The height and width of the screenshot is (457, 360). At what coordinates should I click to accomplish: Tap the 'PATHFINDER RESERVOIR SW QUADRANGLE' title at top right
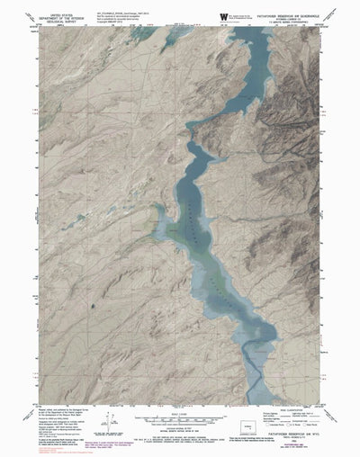tap(288, 12)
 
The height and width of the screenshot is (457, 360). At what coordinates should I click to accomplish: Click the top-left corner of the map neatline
tap(40, 26)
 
